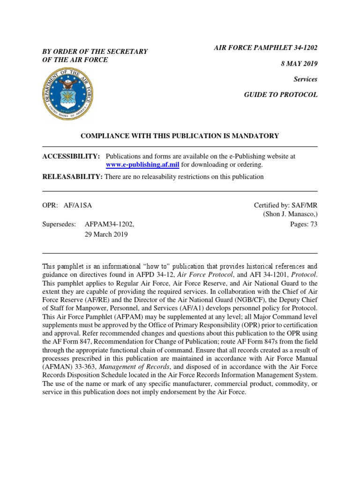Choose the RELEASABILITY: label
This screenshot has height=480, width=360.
coord(73,177)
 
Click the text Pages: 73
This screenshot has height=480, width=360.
coord(304,224)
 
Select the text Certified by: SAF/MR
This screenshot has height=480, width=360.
coord(285,205)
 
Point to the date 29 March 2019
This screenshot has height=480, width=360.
coord(106,234)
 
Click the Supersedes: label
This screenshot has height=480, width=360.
coord(59,225)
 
